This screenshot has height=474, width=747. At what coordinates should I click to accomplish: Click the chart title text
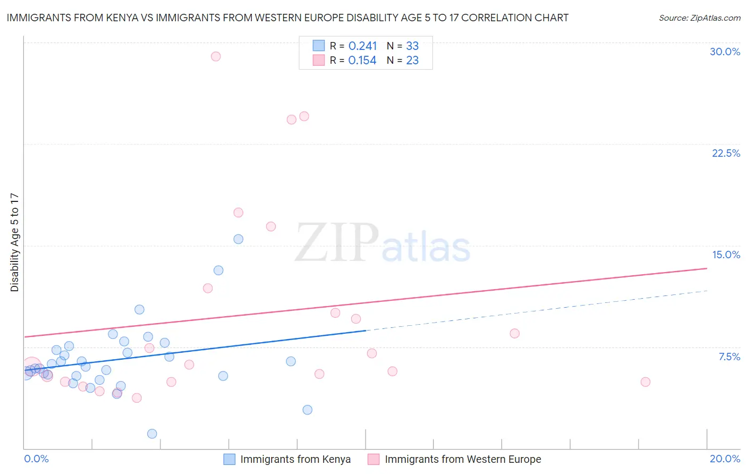tap(287, 18)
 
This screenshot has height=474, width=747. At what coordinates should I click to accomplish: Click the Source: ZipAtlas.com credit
tap(699, 18)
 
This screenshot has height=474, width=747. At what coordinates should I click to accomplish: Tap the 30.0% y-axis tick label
tap(725, 52)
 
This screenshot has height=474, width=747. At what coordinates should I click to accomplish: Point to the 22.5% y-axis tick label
tap(726, 153)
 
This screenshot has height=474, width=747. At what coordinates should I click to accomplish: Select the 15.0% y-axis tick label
tap(726, 255)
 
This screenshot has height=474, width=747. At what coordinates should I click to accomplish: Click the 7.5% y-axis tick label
tap(729, 357)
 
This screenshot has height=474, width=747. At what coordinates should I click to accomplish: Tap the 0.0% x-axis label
tap(36, 459)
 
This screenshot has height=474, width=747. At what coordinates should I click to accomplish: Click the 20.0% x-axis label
tap(725, 459)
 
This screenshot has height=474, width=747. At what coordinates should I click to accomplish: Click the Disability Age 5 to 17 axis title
tap(15, 242)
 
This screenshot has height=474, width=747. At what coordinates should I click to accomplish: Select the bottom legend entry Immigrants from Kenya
tap(295, 459)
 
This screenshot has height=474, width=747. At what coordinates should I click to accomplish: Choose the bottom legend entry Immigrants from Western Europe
tap(462, 459)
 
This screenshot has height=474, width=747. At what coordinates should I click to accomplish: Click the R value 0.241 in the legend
tap(362, 46)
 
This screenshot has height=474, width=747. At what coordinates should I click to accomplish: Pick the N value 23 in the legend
tap(412, 61)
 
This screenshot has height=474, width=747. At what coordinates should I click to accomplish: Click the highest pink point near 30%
tap(216, 56)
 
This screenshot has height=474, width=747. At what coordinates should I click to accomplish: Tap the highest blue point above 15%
tap(239, 239)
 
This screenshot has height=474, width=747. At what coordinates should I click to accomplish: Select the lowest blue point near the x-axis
tap(152, 434)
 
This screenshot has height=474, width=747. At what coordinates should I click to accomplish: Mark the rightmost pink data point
tap(646, 382)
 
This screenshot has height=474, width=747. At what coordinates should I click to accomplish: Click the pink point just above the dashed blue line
tap(514, 334)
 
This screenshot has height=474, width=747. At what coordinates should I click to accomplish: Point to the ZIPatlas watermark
tap(383, 243)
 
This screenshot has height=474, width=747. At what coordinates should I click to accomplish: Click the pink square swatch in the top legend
tap(319, 60)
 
